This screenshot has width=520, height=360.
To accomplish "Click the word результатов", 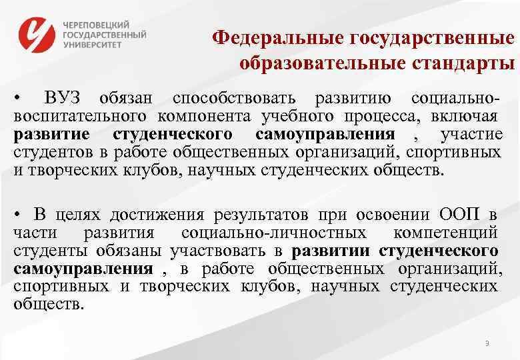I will [258, 215].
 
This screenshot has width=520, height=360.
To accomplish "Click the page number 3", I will [487, 344].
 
